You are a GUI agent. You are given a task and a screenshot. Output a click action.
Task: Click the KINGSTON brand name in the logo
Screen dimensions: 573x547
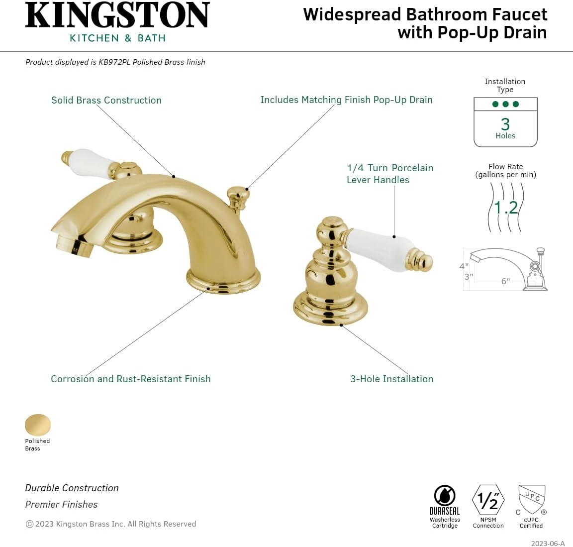(x=117, y=15)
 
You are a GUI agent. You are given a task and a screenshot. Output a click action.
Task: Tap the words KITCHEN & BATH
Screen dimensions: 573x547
(x=117, y=38)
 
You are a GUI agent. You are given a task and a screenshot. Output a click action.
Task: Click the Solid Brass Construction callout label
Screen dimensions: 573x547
(x=106, y=100)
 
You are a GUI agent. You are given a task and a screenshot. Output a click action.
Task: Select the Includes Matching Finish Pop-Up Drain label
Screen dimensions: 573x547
(x=346, y=100)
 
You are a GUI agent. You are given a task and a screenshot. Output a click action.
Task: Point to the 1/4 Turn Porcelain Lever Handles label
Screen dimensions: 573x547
(x=389, y=174)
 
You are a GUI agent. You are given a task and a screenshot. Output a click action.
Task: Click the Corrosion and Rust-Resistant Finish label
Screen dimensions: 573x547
(x=130, y=379)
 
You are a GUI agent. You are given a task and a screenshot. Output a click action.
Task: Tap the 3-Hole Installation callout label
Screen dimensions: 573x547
(x=391, y=379)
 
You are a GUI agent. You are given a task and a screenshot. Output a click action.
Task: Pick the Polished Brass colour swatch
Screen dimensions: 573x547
(x=38, y=425)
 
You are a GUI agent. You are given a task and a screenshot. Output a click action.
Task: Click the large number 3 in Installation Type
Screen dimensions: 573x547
(x=505, y=124)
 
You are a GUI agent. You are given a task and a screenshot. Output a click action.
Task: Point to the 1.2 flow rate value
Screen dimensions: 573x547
(x=506, y=207)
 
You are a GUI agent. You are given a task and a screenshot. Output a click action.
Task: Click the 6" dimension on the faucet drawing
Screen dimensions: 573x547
(x=505, y=281)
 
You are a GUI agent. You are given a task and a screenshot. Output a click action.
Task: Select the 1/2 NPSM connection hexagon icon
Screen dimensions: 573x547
(x=488, y=500)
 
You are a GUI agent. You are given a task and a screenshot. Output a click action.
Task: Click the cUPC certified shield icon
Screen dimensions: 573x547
(x=532, y=499)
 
